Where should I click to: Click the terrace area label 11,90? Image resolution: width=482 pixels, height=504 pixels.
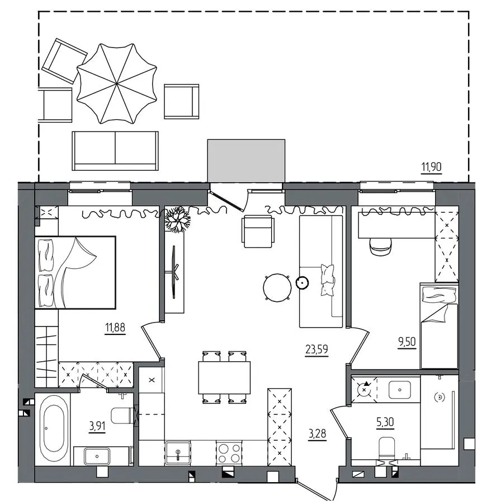[431, 166]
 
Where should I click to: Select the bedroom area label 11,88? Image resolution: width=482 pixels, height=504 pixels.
[115, 328]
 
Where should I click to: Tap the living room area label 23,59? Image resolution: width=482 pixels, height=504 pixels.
[316, 349]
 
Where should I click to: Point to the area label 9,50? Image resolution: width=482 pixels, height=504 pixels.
[407, 342]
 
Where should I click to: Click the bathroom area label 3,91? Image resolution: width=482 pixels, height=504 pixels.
[97, 426]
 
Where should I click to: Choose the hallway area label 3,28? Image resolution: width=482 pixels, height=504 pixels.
[318, 433]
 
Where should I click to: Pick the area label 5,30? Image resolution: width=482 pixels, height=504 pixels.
[385, 422]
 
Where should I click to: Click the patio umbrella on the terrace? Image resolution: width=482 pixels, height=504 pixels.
[117, 83]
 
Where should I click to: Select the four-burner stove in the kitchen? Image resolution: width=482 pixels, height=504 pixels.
[229, 452]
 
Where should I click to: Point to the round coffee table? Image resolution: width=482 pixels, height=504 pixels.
[277, 288]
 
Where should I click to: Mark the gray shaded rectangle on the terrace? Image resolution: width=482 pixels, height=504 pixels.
[246, 161]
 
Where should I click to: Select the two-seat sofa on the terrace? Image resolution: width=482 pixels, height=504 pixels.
[115, 151]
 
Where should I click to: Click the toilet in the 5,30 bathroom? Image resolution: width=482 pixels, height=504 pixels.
[388, 449]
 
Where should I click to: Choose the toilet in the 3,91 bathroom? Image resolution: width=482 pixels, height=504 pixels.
[122, 416]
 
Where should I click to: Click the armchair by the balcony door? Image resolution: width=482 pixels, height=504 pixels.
[258, 231]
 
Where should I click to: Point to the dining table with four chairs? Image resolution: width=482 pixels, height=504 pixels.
[224, 377]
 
